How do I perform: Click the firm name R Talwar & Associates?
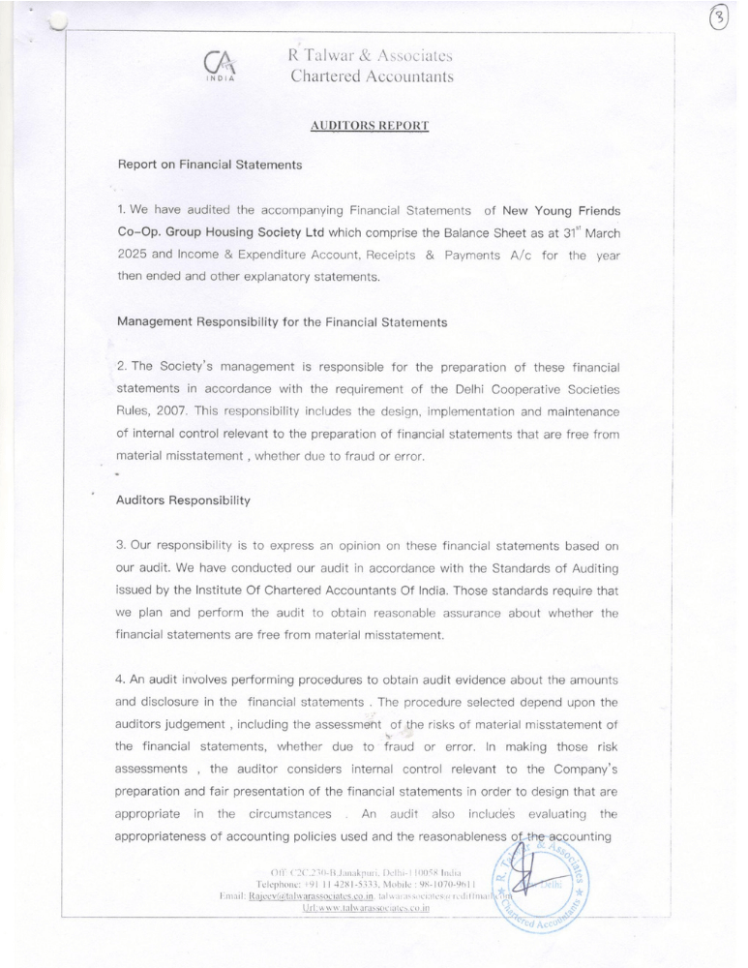tap(371, 56)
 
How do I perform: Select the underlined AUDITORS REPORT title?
tap(370, 126)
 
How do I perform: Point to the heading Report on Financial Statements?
tap(209, 165)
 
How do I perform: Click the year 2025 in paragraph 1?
tap(136, 255)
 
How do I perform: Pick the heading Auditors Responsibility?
tap(183, 500)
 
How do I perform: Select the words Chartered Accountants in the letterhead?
tap(372, 77)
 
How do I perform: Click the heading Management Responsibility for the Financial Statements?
tap(282, 322)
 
